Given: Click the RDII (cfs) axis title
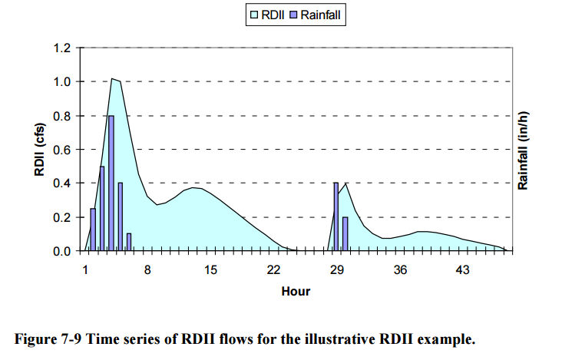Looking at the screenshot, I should coord(38,150).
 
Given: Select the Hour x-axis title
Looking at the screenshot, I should coord(296,292).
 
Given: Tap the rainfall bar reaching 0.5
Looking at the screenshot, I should coord(102,208).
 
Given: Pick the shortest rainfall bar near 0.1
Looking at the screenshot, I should coord(129,242).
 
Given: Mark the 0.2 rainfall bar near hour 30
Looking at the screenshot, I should coord(345,233).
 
